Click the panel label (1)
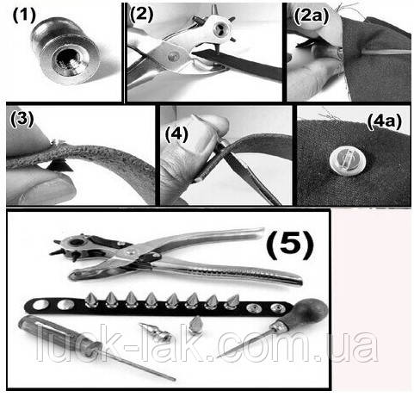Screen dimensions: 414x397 pyautogui.click(x=24, y=15)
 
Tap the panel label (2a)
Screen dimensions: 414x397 pyautogui.click(x=311, y=16)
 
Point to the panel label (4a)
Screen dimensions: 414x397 pyautogui.click(x=385, y=121)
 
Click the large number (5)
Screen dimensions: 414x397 pyautogui.click(x=290, y=245)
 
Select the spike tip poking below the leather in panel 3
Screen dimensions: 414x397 pyautogui.click(x=59, y=166)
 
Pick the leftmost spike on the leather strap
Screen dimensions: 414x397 pyautogui.click(x=92, y=300)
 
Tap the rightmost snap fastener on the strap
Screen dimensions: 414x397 pyautogui.click(x=278, y=309)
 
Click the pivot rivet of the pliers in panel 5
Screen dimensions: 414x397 pyautogui.click(x=131, y=251)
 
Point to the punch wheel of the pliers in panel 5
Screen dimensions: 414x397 pyautogui.click(x=75, y=245)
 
